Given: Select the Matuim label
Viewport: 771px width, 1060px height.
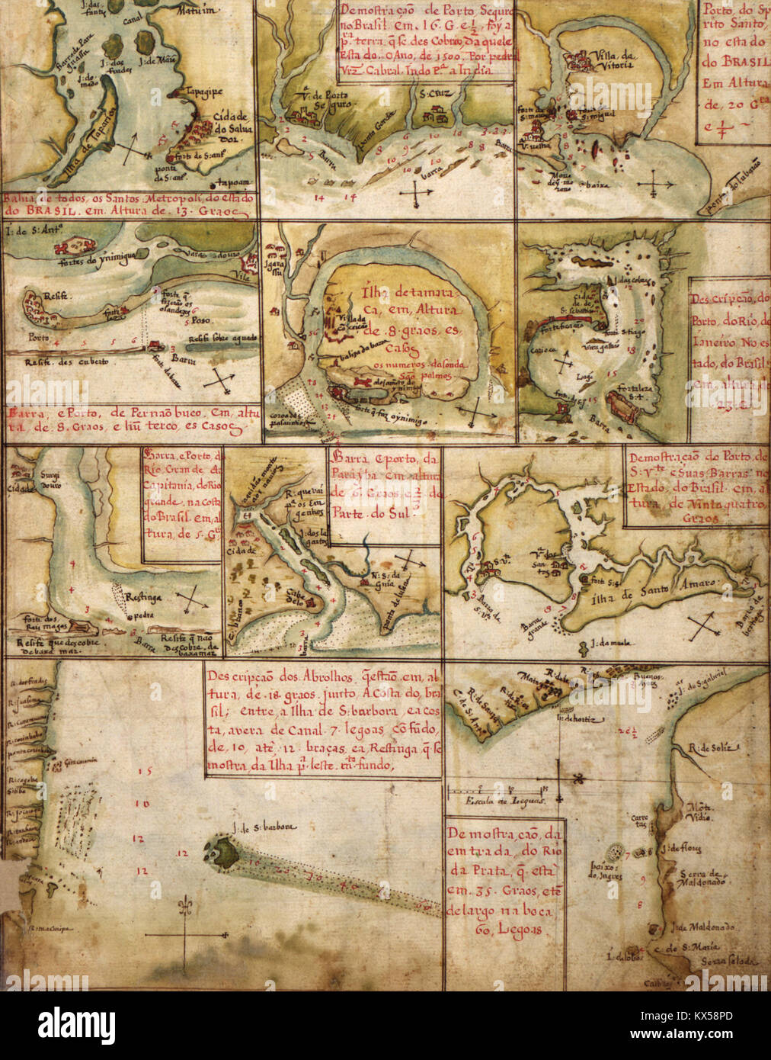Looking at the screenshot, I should click(x=194, y=10).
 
